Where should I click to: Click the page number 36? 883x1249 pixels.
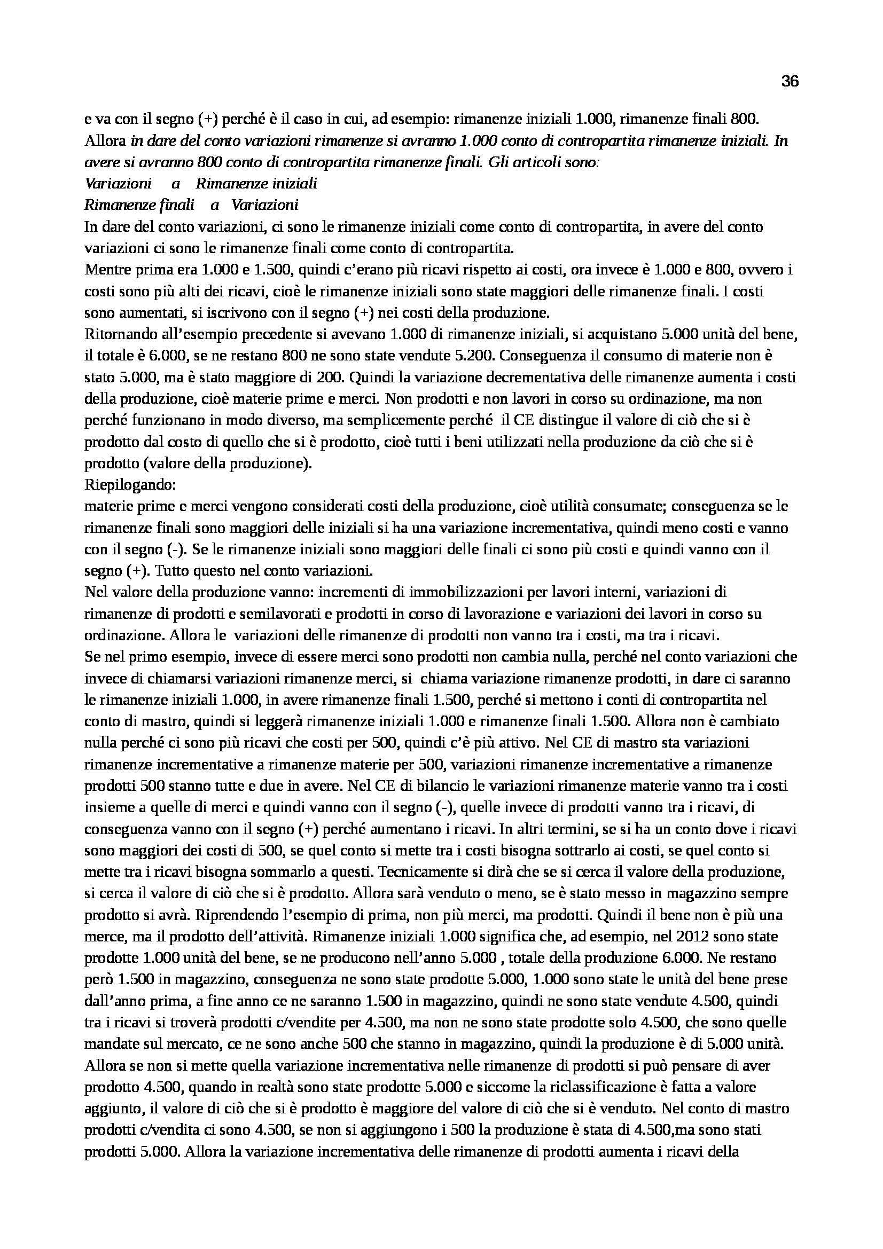pyautogui.click(x=790, y=82)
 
